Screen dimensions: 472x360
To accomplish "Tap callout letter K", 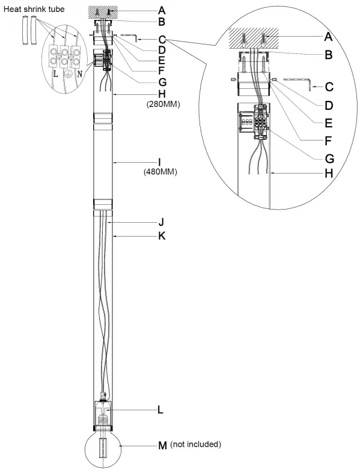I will [x=161, y=237].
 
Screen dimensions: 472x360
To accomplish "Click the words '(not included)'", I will [x=196, y=445].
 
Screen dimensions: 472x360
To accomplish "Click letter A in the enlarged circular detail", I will [x=328, y=37].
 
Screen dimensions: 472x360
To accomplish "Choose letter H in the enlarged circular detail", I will [x=328, y=174].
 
